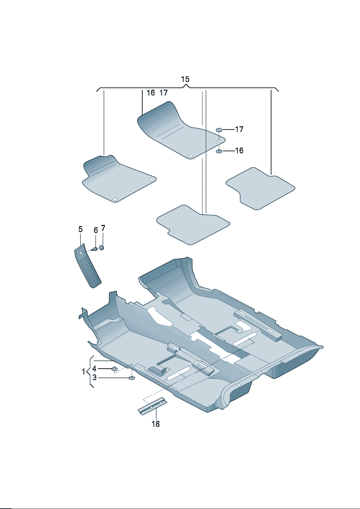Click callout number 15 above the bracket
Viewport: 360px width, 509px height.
pos(185,79)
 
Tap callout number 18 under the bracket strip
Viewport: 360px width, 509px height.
pos(156,424)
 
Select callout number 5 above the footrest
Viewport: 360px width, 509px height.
pos(81,229)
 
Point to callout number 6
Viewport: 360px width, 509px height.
pos(96,230)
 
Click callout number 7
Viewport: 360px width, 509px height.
pos(103,228)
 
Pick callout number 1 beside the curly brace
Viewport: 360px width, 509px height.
pos(83,372)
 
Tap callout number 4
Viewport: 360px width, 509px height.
pos(94,369)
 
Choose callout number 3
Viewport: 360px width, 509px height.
pos(95,378)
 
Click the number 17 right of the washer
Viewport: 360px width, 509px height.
pos(239,129)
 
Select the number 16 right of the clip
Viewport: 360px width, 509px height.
pos(239,151)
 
